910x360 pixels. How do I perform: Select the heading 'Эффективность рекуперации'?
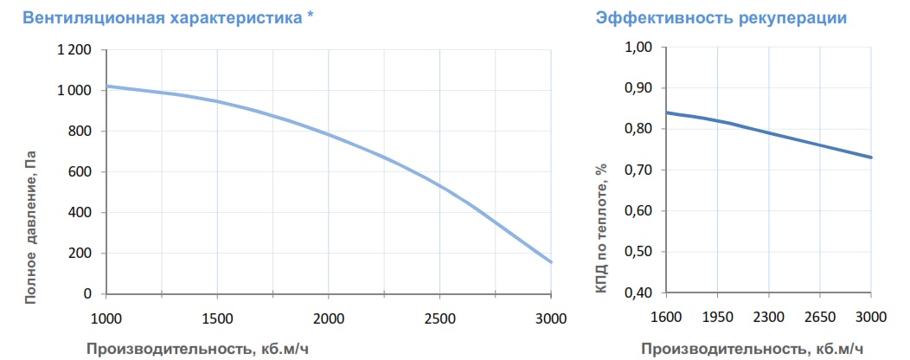(x=721, y=18)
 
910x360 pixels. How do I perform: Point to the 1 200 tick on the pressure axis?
(x=75, y=50)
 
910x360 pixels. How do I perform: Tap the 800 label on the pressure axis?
(x=80, y=132)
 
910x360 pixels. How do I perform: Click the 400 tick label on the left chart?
(x=80, y=213)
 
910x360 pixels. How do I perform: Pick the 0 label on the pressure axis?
(x=88, y=294)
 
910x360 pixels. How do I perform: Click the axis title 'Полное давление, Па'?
(x=31, y=227)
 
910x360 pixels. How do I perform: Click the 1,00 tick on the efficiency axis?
(x=638, y=47)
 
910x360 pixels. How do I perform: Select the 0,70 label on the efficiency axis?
(x=638, y=170)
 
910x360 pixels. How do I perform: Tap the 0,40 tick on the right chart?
(x=638, y=292)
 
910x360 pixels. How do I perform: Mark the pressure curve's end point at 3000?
(x=551, y=262)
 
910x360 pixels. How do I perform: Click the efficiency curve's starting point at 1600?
(x=666, y=112)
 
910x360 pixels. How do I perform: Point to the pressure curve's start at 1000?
(x=106, y=87)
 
